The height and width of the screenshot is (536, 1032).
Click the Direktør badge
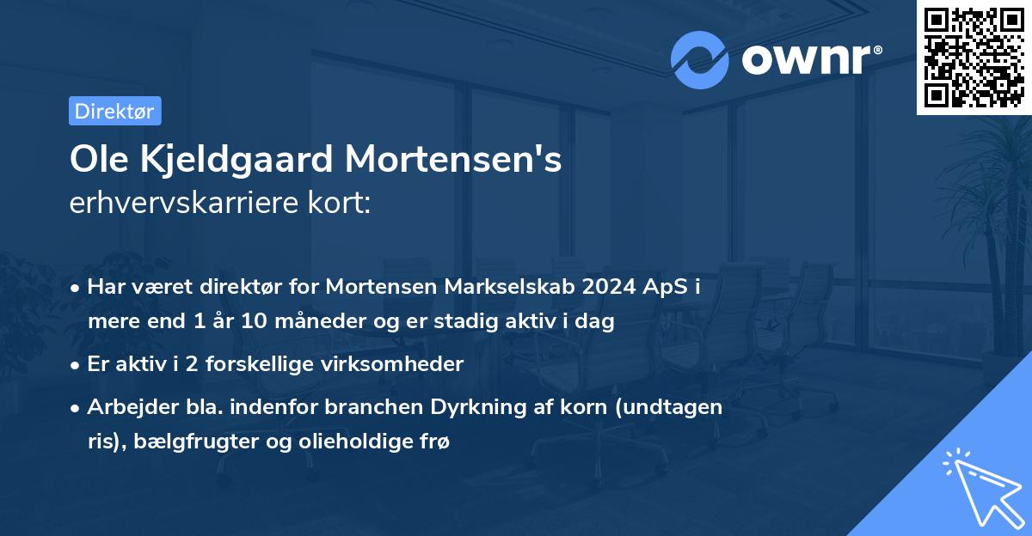(x=114, y=111)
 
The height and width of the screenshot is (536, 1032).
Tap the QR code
(x=974, y=57)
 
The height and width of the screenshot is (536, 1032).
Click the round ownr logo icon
(x=699, y=61)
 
